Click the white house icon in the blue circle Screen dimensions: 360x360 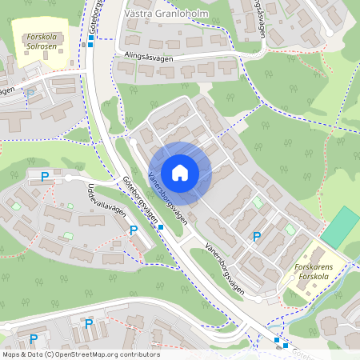tap(179, 173)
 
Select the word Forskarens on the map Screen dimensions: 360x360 tap(318, 268)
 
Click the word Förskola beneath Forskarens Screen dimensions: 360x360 tap(314, 278)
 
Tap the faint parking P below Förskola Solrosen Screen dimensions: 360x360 tap(30, 94)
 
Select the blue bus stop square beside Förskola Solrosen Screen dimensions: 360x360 tap(90, 45)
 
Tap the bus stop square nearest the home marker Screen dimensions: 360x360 tap(161, 227)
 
